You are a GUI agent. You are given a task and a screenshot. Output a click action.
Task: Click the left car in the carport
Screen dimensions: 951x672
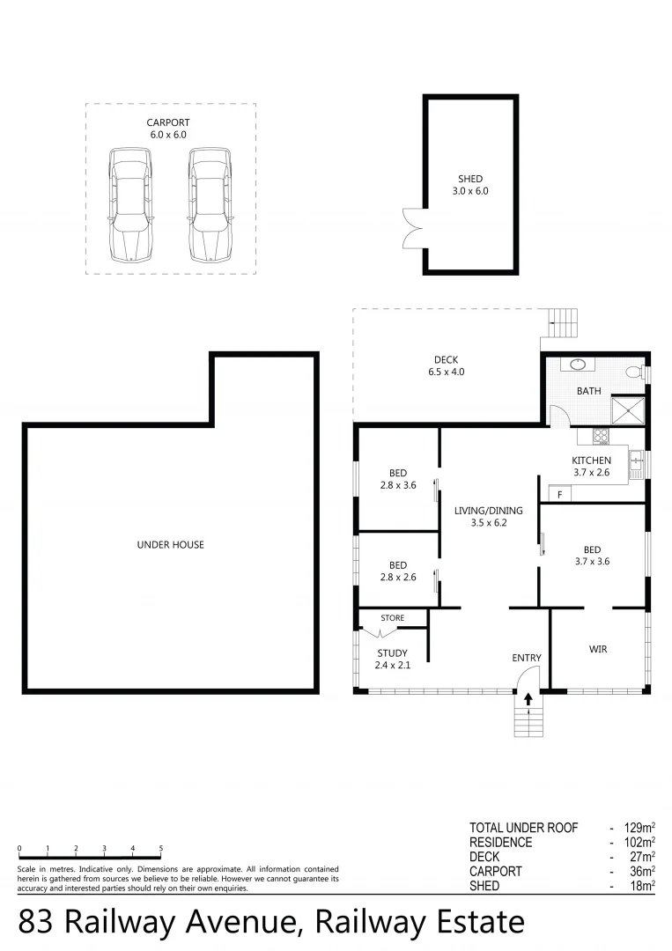click(129, 204)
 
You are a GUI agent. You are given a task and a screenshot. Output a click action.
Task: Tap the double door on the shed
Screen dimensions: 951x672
click(412, 225)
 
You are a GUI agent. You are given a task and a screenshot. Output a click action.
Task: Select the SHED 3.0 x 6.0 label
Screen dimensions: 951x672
click(470, 185)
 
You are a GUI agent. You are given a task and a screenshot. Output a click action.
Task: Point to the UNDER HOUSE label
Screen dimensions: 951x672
click(170, 545)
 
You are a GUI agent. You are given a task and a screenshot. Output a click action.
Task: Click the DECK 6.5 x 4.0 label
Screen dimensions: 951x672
click(446, 365)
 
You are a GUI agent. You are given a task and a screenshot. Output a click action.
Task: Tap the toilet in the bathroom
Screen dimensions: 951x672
click(635, 372)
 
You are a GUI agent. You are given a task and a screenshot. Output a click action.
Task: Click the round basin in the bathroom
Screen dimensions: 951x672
click(580, 364)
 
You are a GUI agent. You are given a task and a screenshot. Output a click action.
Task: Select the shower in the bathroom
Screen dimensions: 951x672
click(628, 409)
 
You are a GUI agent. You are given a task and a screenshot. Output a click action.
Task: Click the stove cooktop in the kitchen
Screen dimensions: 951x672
click(601, 436)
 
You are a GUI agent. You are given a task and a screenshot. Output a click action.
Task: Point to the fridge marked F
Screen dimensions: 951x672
click(559, 495)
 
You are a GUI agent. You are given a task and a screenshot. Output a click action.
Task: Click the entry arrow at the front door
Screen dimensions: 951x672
click(528, 699)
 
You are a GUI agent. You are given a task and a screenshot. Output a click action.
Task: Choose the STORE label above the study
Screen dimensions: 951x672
click(392, 618)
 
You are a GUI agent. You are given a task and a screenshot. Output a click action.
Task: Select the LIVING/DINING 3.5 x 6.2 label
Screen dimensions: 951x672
click(488, 516)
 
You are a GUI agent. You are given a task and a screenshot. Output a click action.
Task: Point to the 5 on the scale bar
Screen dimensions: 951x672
click(161, 849)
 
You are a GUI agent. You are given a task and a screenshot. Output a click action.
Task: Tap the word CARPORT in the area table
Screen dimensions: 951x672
click(496, 871)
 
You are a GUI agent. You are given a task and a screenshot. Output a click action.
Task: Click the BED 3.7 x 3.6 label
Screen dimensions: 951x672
click(591, 555)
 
